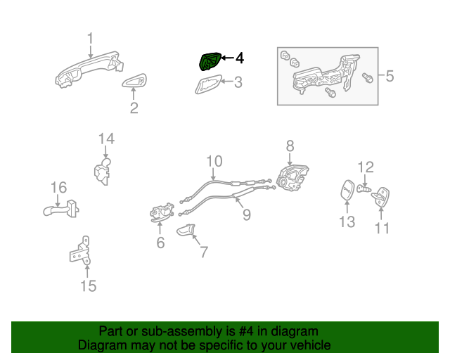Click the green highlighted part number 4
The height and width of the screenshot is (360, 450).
(x=209, y=62)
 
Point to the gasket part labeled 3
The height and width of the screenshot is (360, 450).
(x=210, y=86)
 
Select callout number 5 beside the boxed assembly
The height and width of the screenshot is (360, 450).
(x=390, y=75)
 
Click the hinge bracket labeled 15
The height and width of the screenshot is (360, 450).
(x=81, y=250)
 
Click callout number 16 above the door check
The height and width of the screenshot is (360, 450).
(x=58, y=187)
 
